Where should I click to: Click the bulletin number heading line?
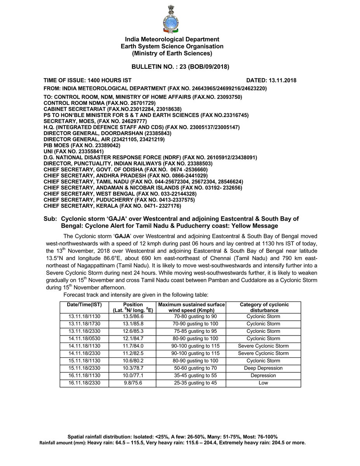180,67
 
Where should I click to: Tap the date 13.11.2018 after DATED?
282,80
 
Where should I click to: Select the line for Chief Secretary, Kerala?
112,206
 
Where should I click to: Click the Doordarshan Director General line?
107,133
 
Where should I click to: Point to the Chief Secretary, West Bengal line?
120,194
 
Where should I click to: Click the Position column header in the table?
133,307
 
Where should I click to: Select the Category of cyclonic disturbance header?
264,307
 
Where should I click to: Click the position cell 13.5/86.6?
133,316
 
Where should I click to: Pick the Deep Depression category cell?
264,368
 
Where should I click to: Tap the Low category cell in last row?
264,383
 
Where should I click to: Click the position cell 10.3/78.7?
133,368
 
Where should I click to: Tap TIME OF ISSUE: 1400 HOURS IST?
87,80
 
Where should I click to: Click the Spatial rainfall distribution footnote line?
172,436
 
